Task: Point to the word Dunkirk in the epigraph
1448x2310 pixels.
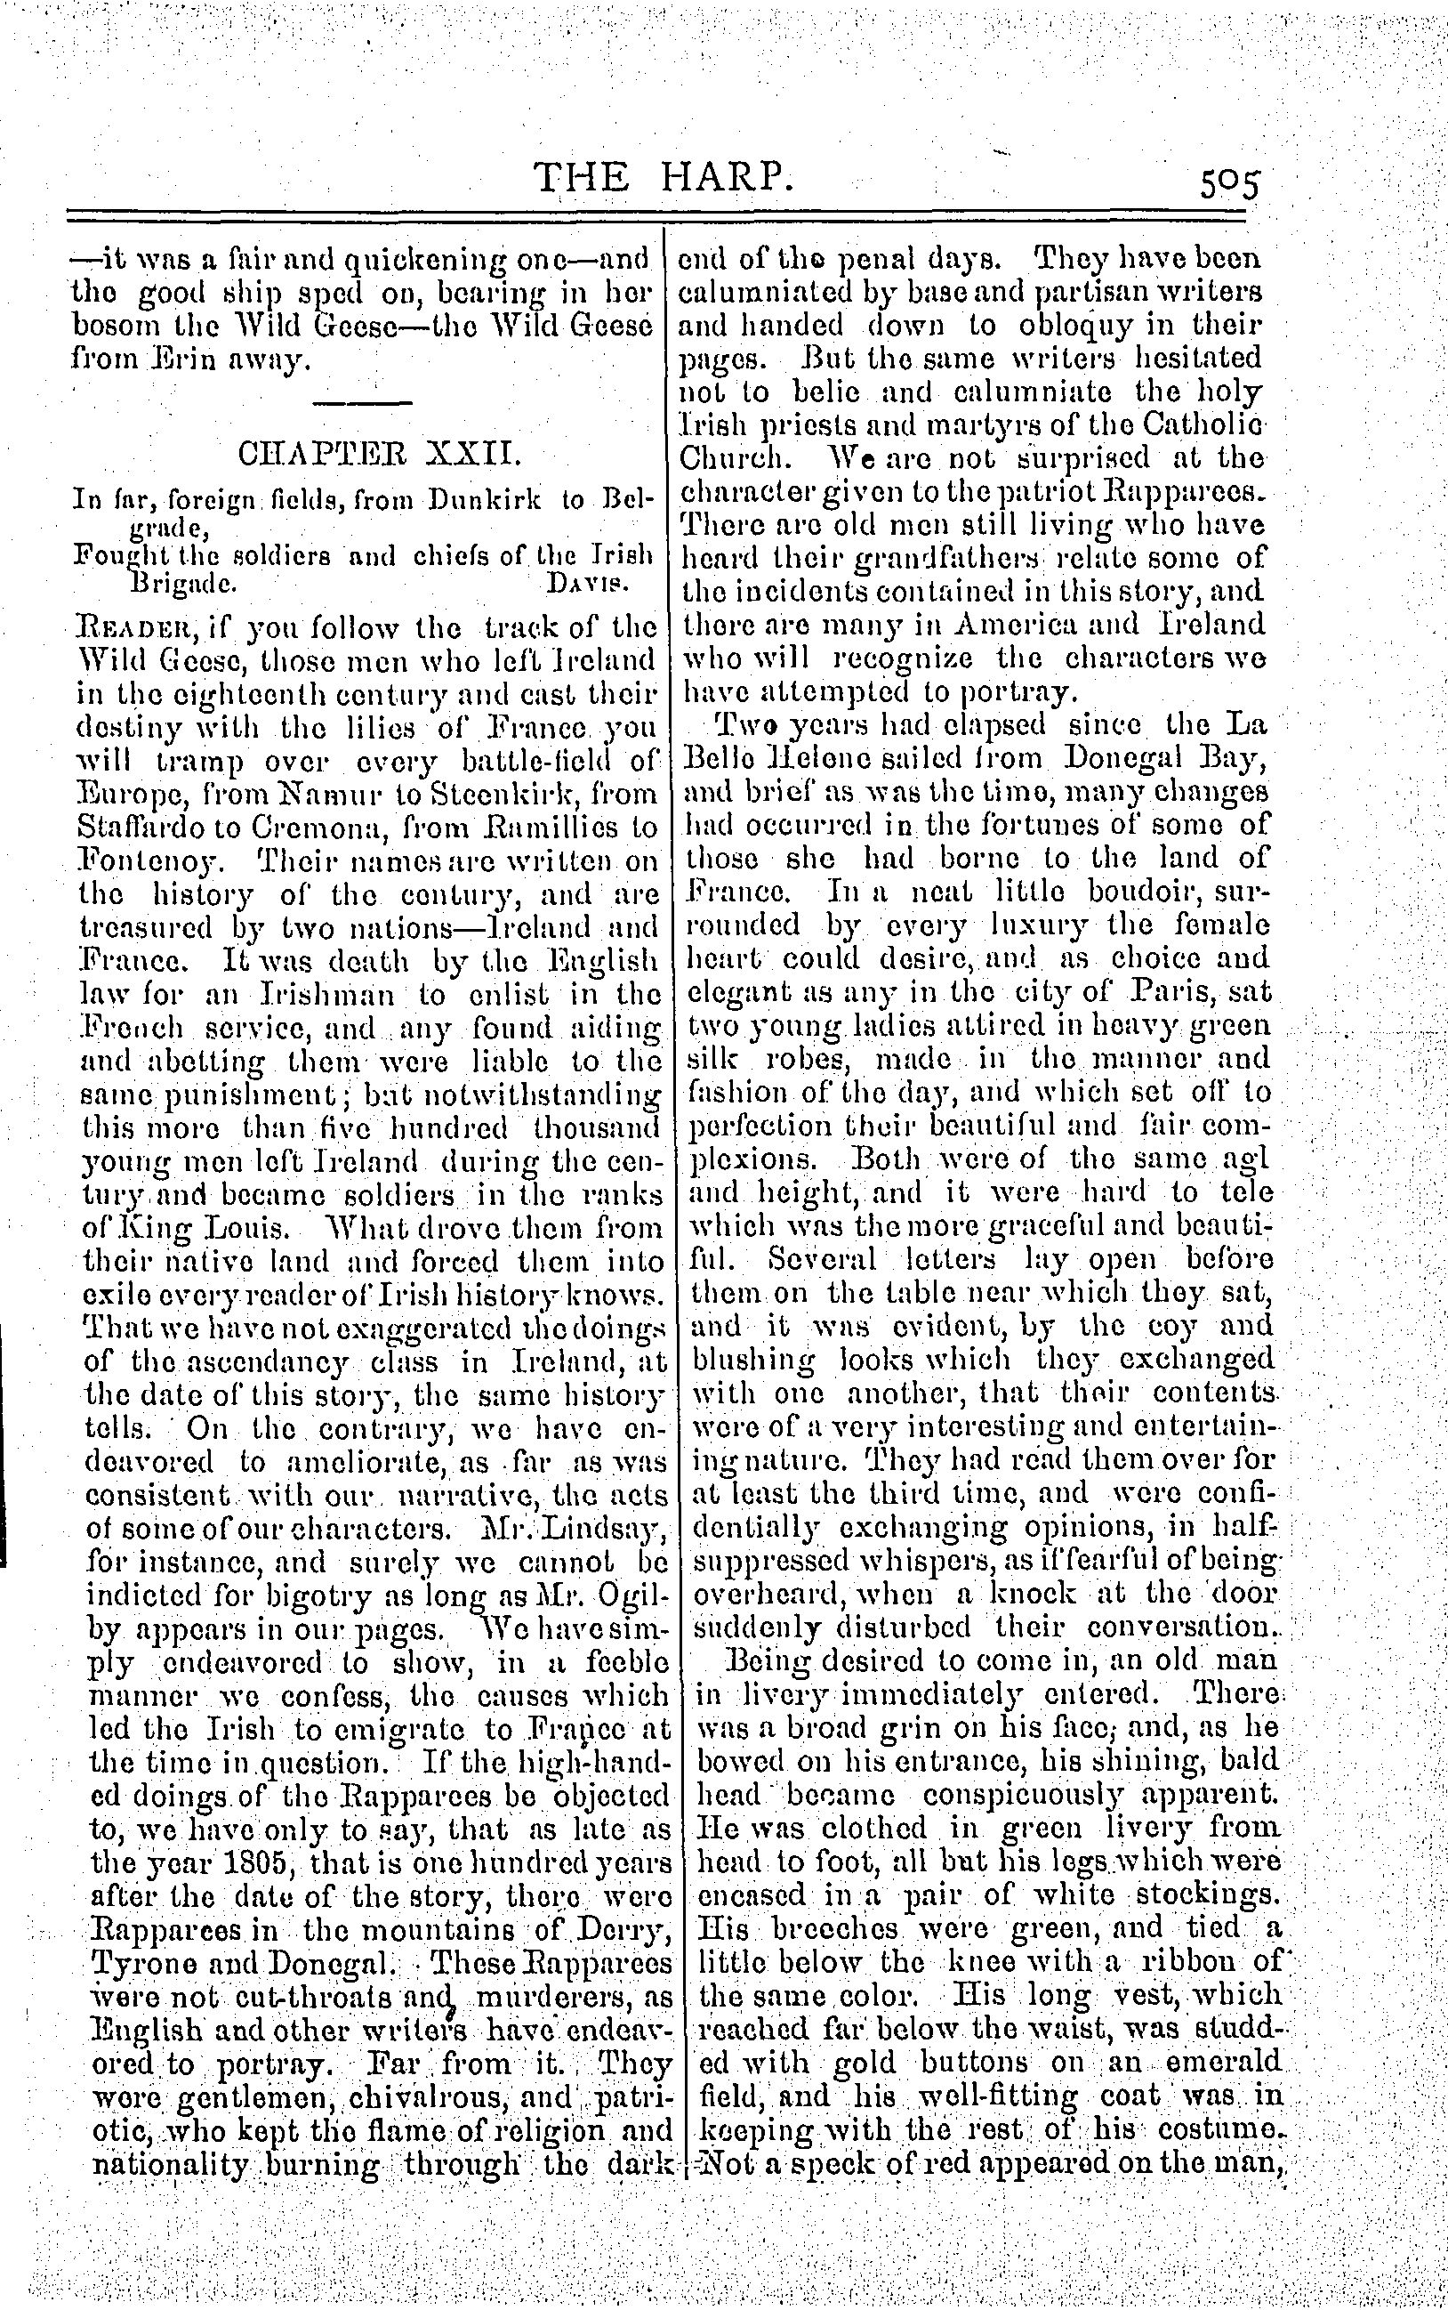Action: (x=485, y=499)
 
